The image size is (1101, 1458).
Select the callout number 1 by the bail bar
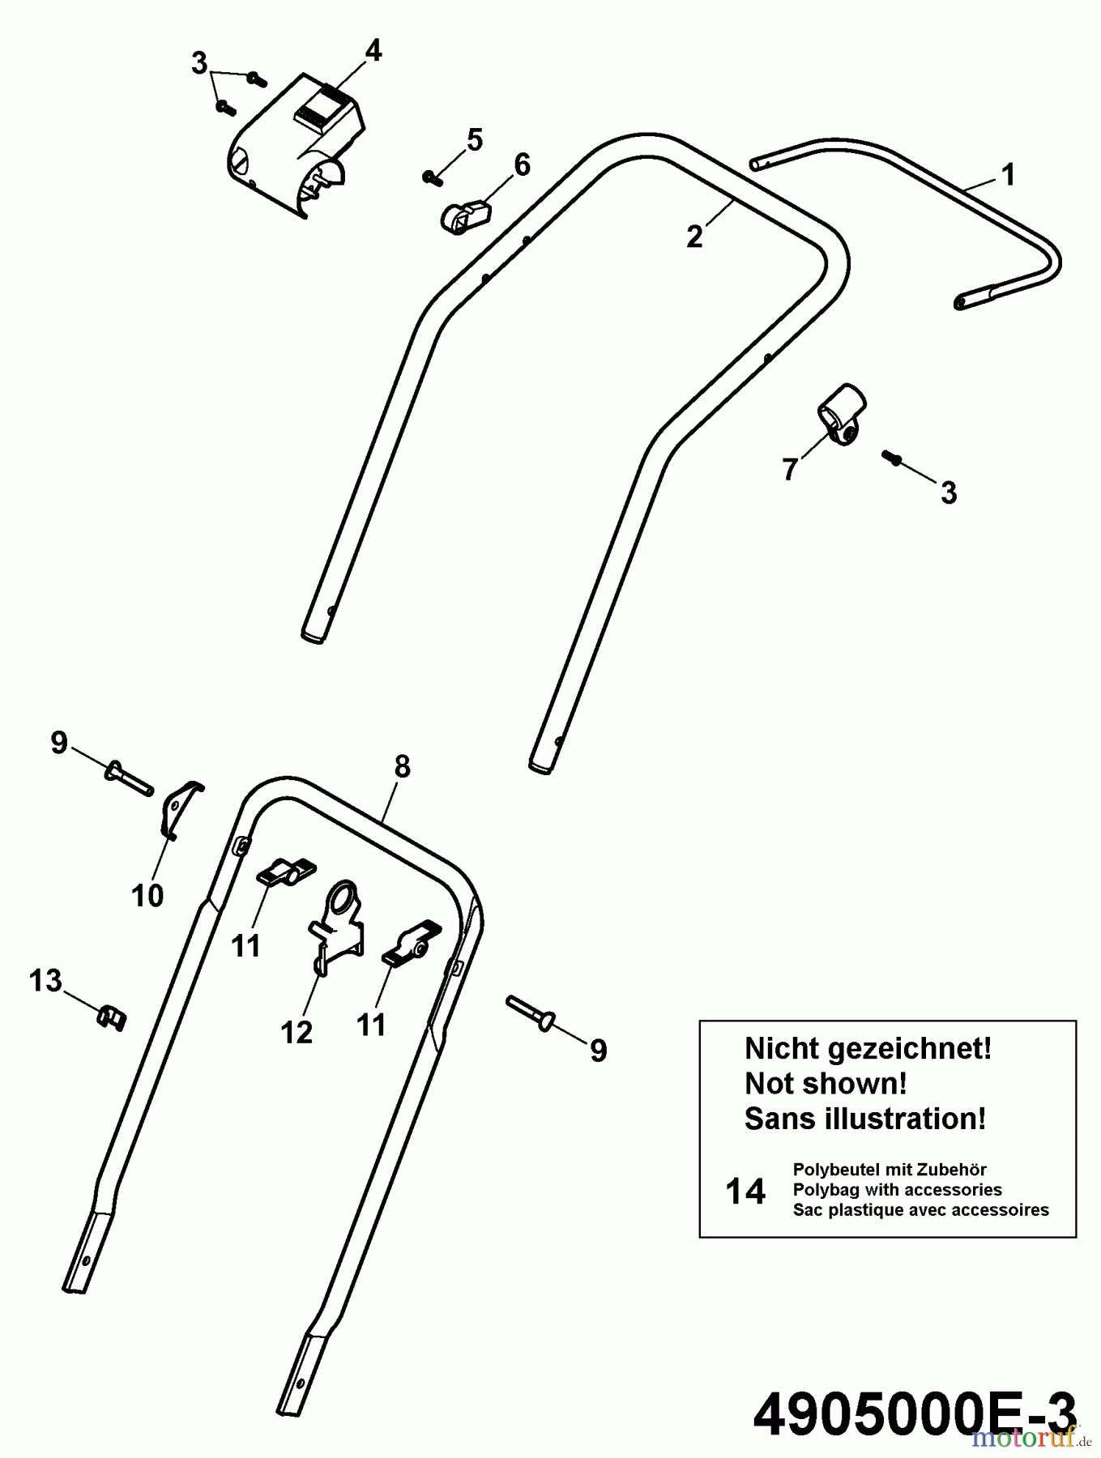coord(1008,174)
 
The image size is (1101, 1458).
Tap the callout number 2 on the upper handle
coord(694,237)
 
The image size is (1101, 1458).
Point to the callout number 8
coord(402,766)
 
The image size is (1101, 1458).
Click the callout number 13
coord(45,980)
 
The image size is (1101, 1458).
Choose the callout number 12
coord(297,1032)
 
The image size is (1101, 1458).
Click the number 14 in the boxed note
coord(745,1192)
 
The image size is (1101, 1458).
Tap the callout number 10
coord(147,895)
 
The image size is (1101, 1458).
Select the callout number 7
coord(790,469)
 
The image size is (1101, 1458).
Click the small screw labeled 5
coord(430,176)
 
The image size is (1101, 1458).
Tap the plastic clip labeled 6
coord(467,215)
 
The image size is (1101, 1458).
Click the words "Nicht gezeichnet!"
coord(868,1049)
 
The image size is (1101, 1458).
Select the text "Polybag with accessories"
coord(897,1190)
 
